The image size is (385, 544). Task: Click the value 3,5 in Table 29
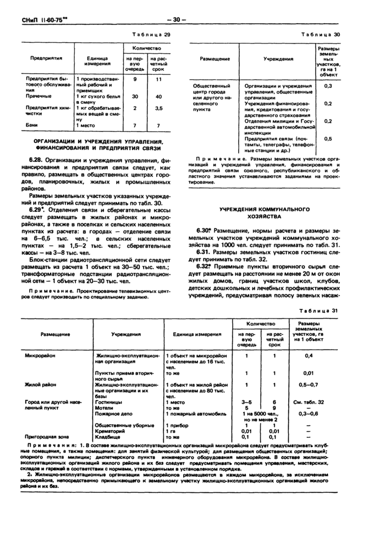coord(159,108)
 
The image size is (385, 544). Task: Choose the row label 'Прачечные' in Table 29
coord(38,96)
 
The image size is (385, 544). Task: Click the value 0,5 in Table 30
coord(328,139)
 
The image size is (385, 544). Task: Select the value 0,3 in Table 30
coord(328,86)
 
